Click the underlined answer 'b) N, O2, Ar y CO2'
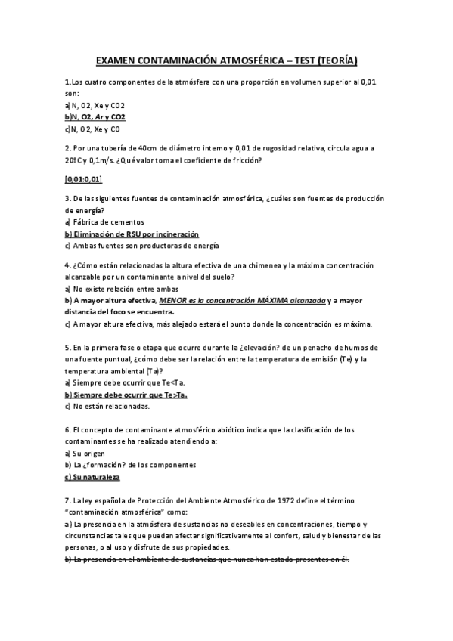point(95,118)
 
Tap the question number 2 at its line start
point(68,148)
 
